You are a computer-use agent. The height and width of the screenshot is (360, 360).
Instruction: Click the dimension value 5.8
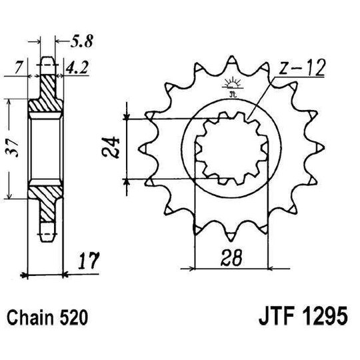click(x=83, y=45)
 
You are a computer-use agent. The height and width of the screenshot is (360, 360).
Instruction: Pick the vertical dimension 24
click(x=113, y=149)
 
